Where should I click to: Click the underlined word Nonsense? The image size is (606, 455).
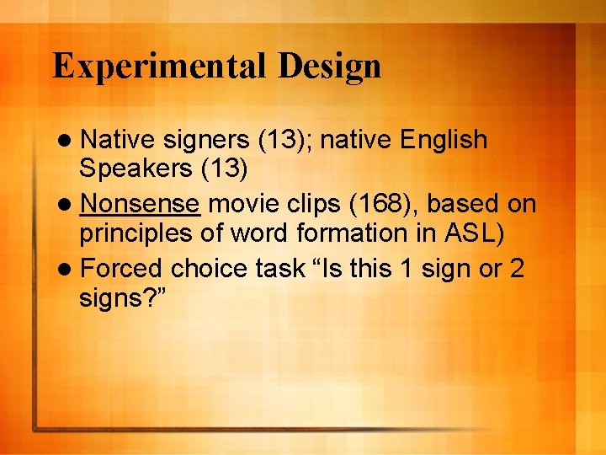141,204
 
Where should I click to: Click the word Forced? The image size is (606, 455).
123,269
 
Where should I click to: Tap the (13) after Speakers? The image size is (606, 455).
223,169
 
